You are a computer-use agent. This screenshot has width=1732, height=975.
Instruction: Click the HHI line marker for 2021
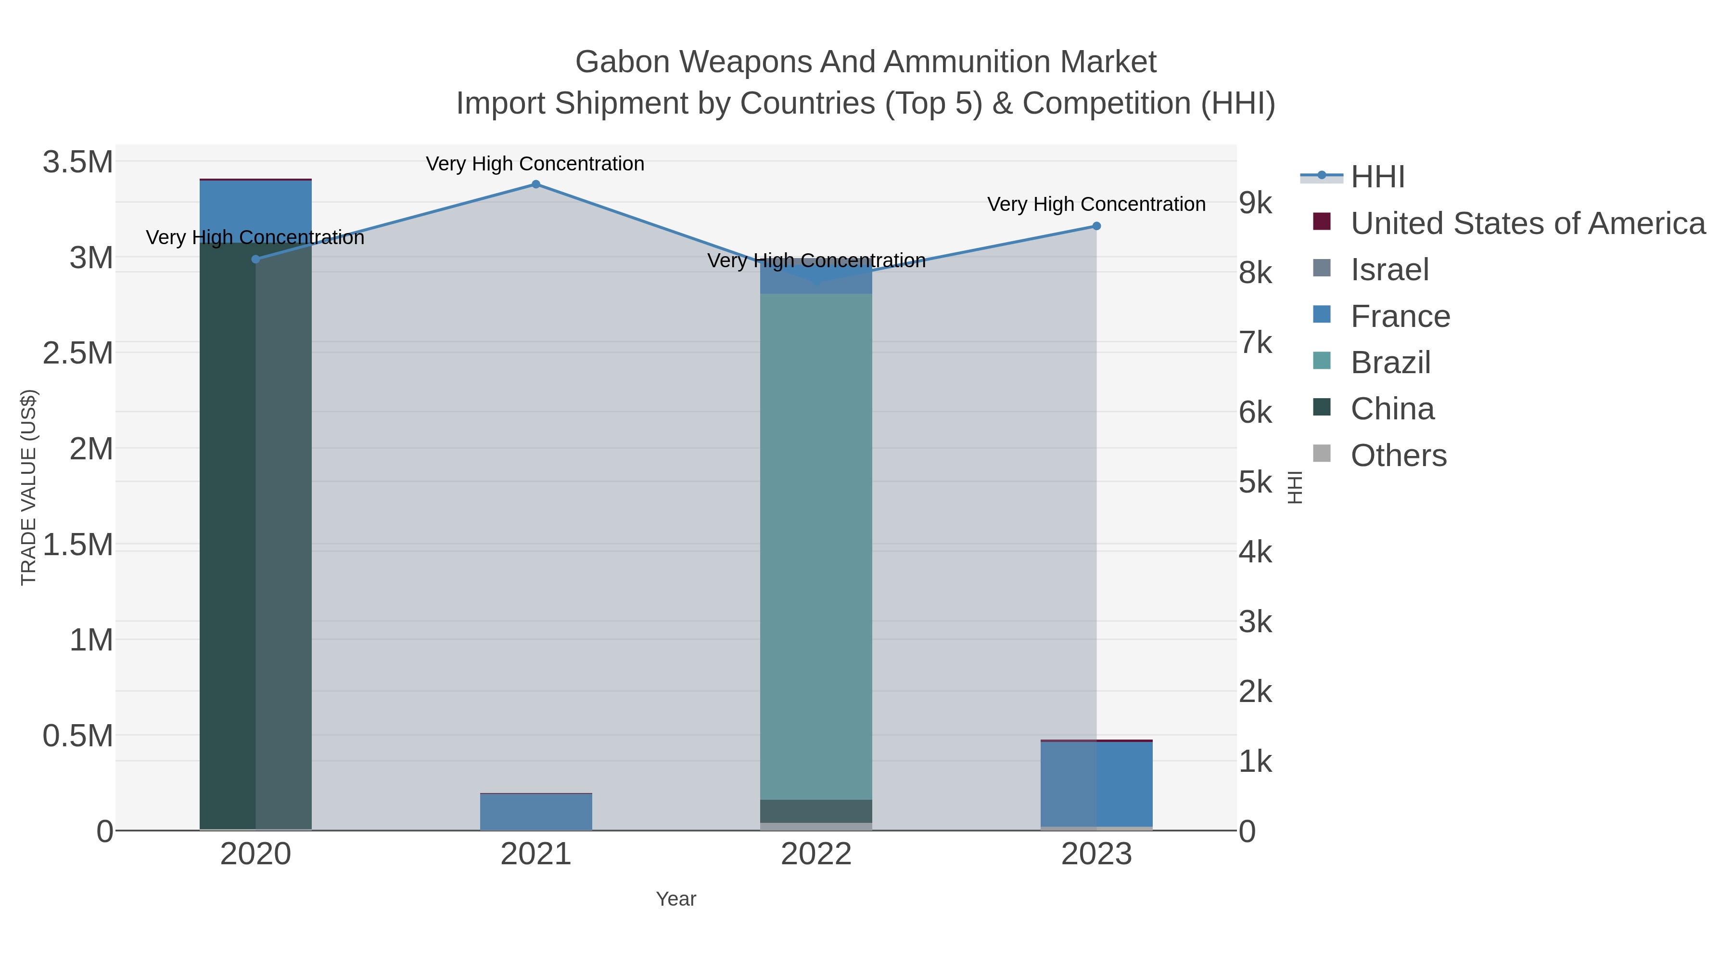click(x=536, y=184)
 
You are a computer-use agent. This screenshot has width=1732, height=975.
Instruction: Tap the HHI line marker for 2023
click(x=1096, y=226)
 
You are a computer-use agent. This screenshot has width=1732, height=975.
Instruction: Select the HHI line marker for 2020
click(x=255, y=259)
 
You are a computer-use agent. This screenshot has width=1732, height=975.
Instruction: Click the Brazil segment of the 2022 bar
click(x=816, y=545)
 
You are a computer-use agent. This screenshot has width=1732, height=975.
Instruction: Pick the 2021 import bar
click(x=536, y=812)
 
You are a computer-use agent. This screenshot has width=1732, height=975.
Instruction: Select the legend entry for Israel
click(x=1389, y=270)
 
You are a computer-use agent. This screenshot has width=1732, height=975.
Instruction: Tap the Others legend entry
click(x=1398, y=455)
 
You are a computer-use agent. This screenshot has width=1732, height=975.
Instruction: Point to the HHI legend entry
click(x=1377, y=177)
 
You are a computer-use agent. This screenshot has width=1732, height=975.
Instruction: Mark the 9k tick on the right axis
click(x=1255, y=203)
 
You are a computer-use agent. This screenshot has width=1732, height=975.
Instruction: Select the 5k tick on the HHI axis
click(x=1255, y=482)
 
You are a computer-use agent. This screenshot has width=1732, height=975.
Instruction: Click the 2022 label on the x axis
click(x=816, y=855)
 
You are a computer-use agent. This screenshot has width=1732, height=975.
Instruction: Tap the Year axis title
click(x=676, y=899)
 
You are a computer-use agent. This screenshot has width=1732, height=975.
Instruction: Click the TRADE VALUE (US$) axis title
click(x=28, y=487)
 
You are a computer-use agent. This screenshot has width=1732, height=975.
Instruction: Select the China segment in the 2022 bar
click(x=816, y=811)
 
